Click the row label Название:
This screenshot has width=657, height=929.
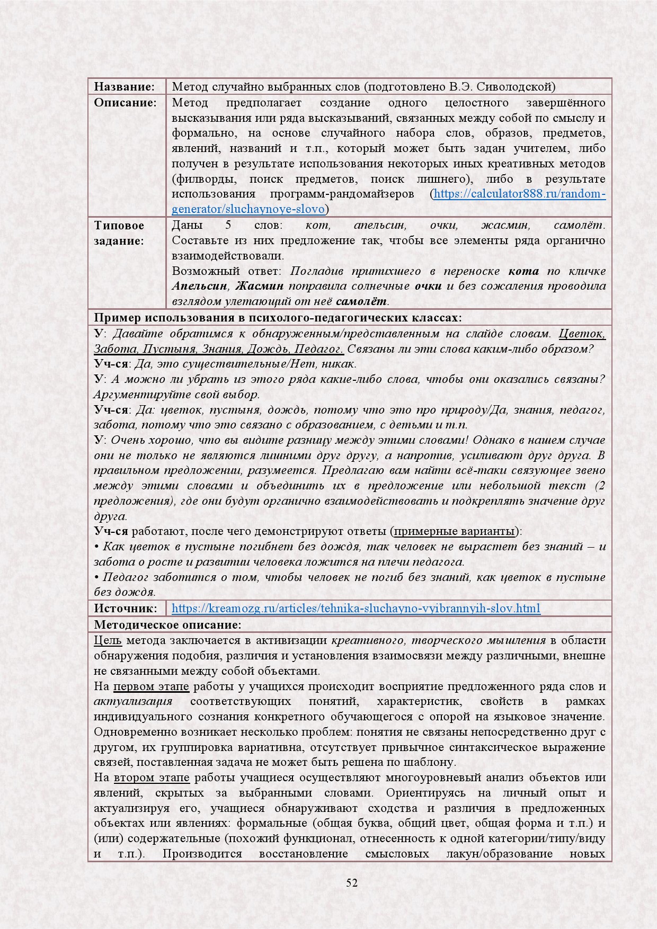[124, 86]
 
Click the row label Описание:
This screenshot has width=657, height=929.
[126, 102]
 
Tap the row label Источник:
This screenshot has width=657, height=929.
[126, 608]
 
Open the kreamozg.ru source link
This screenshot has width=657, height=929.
[356, 608]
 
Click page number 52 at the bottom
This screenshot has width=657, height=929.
[352, 882]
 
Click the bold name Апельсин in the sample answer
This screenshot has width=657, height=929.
[200, 287]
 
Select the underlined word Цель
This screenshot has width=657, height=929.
[108, 640]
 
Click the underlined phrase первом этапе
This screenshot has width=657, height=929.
[151, 686]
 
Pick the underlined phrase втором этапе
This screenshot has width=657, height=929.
[151, 778]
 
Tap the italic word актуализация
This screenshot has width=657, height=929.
[133, 702]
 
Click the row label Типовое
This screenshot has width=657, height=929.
[119, 225]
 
